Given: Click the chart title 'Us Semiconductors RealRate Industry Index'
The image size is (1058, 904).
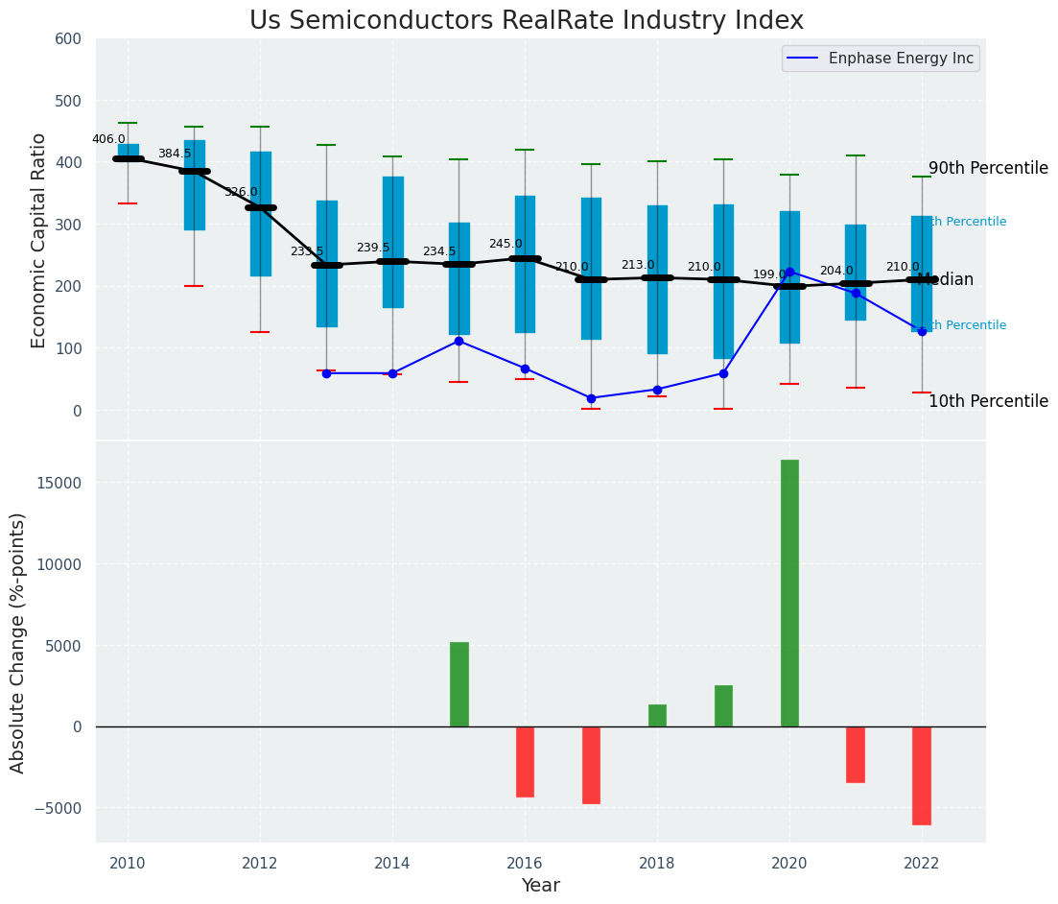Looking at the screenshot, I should (526, 20).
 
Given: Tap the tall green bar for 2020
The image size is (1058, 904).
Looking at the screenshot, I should (789, 592).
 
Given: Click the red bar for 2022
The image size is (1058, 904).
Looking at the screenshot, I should (922, 775).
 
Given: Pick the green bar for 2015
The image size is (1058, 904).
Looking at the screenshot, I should (459, 684).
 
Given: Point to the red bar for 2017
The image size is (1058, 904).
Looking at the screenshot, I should (591, 765).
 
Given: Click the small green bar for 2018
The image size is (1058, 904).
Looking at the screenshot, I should (657, 716).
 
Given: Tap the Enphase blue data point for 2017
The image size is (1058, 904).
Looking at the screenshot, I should (591, 398).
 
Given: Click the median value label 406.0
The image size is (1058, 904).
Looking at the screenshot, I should (108, 139).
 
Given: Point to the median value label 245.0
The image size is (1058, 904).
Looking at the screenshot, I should (505, 245).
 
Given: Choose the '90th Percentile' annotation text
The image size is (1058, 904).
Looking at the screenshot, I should (988, 168).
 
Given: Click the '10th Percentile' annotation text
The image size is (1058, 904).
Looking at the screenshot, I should (988, 401).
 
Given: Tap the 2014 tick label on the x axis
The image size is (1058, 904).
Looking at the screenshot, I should (392, 864).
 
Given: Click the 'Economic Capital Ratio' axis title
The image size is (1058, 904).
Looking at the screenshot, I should (39, 240).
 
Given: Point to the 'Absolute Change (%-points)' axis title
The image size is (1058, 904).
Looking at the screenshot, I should (18, 642).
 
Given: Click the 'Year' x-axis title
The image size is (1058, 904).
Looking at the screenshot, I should (541, 886).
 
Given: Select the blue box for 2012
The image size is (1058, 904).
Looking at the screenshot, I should (260, 214).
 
